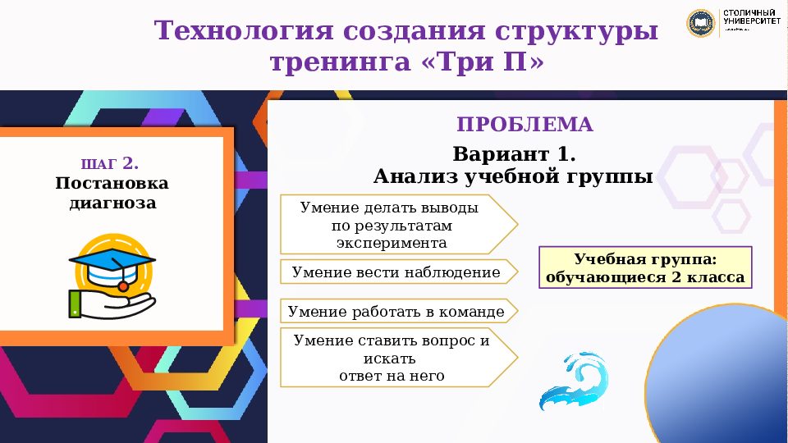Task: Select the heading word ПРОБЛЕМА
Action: tap(525, 125)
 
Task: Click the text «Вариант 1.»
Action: tap(514, 154)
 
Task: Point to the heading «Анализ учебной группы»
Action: tap(513, 176)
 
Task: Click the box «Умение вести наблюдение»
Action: tap(396, 272)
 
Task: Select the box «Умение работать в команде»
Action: tap(396, 312)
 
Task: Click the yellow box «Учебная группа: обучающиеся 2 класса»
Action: tap(644, 268)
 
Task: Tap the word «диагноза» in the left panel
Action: tap(112, 203)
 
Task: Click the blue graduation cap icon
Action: tap(112, 263)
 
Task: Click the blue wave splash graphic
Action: tap(574, 382)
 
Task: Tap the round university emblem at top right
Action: tap(700, 22)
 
